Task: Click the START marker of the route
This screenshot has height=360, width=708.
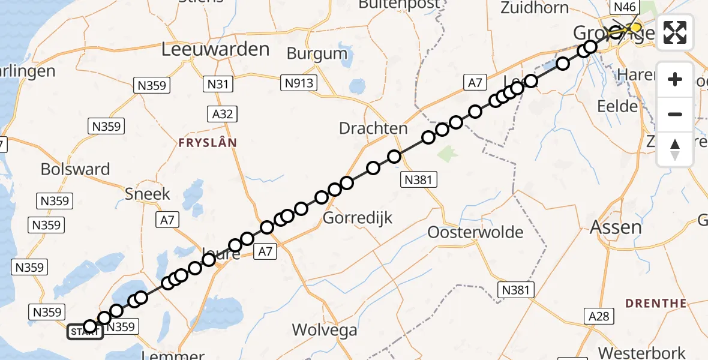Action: [85, 332]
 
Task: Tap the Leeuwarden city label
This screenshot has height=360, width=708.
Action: [215, 50]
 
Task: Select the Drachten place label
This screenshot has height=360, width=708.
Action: [373, 128]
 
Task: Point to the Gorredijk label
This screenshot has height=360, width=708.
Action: [358, 218]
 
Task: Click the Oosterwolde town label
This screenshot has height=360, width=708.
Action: [475, 232]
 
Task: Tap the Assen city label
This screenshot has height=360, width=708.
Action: [616, 227]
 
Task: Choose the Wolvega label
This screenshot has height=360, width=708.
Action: [324, 329]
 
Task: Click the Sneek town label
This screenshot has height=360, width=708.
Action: [148, 194]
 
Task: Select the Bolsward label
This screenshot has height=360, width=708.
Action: [75, 169]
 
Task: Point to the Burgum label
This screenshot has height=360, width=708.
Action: [317, 53]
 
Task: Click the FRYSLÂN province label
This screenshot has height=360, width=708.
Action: [207, 143]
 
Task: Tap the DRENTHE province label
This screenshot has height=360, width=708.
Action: [656, 304]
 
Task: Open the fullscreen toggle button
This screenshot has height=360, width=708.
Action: [675, 32]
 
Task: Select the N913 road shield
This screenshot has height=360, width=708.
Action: [299, 83]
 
